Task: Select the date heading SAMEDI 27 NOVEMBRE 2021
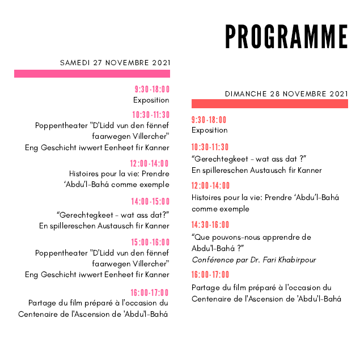pos(115,63)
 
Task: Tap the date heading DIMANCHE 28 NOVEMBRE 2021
pos(286,94)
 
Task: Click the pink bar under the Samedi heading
pos(92,74)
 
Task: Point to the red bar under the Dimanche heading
pos(269,104)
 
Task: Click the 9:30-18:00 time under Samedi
pos(152,90)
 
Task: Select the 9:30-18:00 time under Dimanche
pos(209,120)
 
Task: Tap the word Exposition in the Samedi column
pos(151,100)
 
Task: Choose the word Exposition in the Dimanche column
pos(210,130)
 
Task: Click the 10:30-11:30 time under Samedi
pos(151,115)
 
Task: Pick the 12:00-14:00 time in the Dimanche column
pos(210,186)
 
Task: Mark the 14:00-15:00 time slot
pos(150,202)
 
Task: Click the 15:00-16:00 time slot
pos(150,242)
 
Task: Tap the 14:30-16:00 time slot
pos(210,225)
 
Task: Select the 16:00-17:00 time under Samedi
pos(150,292)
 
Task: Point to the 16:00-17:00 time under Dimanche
pos(210,275)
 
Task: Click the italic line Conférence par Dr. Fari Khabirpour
pos(254,260)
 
